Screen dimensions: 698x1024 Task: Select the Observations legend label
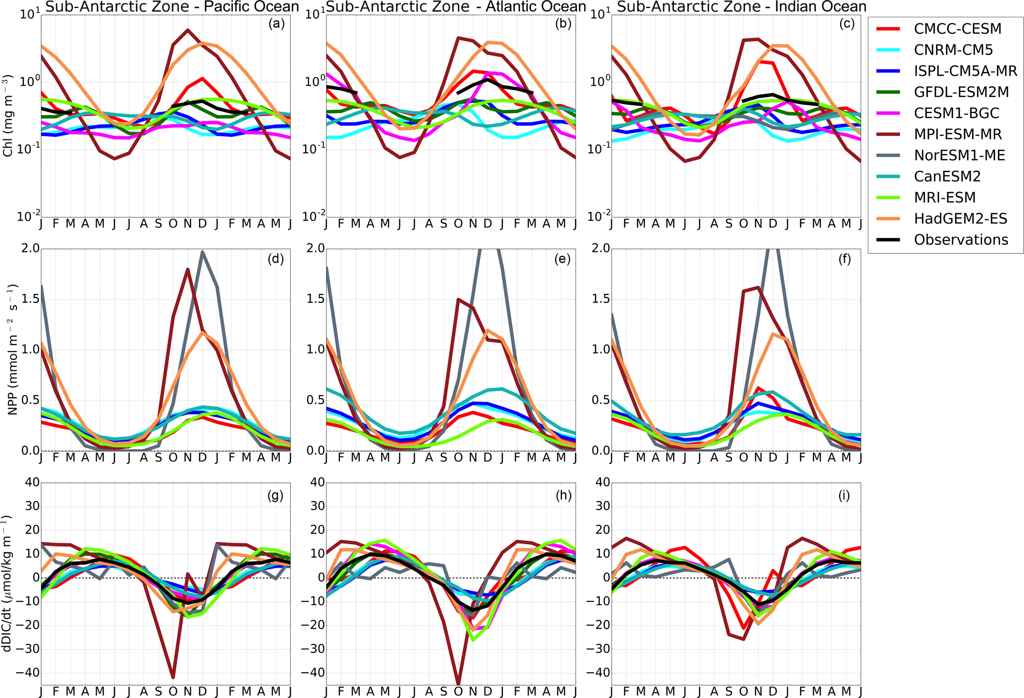point(961,240)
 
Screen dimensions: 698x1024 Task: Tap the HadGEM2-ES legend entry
point(960,219)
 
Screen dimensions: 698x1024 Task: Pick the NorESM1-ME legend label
point(959,156)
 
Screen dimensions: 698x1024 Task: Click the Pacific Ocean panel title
point(172,7)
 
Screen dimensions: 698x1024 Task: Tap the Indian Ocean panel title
point(742,7)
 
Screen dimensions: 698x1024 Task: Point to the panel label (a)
point(275,24)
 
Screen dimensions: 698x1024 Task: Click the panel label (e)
point(561,258)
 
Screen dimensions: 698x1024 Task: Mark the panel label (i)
point(845,495)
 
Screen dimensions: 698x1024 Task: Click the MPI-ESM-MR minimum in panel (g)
point(173,677)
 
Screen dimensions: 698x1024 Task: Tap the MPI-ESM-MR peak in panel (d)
point(188,269)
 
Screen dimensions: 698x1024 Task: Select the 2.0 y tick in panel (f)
point(599,248)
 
